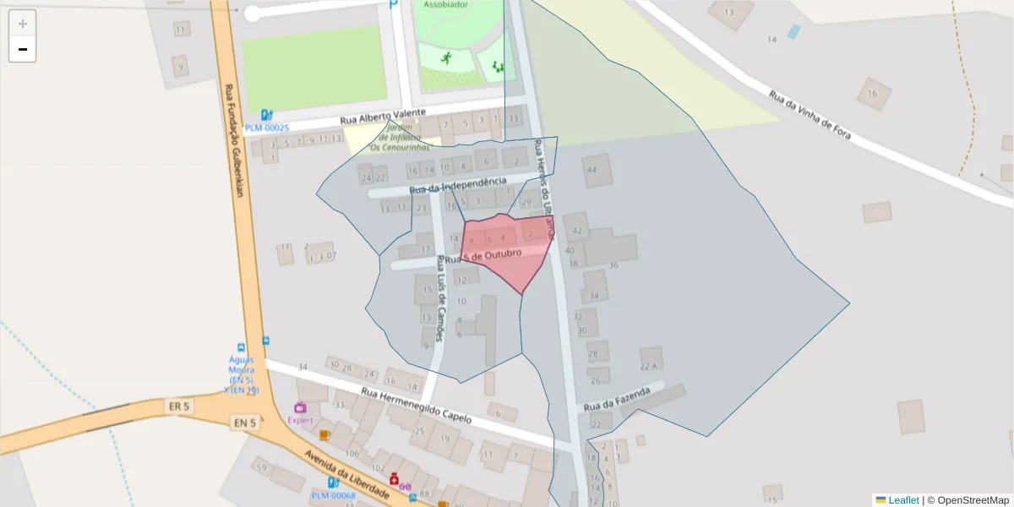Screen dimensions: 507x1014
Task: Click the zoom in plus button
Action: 23,23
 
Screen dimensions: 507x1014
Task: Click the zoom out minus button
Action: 23,50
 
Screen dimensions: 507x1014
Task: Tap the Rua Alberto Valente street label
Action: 389,117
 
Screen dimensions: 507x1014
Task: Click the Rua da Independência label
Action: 457,185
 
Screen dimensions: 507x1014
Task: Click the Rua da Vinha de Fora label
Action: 809,115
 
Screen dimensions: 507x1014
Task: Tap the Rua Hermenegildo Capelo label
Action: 416,405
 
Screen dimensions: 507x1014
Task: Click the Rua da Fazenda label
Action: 617,398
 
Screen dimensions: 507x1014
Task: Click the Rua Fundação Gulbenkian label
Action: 234,139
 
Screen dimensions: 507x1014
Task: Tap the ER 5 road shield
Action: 179,407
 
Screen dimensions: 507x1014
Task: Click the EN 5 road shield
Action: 243,422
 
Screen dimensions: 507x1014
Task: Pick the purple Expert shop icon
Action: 300,408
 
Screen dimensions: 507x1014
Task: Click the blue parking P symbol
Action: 394,5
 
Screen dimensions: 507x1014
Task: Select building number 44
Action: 591,171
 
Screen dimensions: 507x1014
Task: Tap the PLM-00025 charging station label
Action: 267,128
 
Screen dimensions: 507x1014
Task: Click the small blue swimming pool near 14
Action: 793,32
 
